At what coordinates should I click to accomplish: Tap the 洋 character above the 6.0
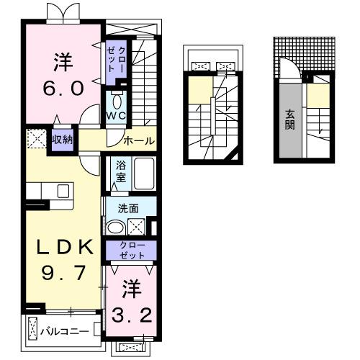click(62, 62)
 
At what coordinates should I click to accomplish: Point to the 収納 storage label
click(61, 138)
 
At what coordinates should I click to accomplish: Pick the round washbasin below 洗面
click(116, 228)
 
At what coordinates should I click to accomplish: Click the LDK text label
click(55, 248)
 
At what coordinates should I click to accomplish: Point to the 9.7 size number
click(56, 274)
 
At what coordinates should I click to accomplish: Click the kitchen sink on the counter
click(63, 191)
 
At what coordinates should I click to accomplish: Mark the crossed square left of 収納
click(35, 137)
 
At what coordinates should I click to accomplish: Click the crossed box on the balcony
click(33, 330)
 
